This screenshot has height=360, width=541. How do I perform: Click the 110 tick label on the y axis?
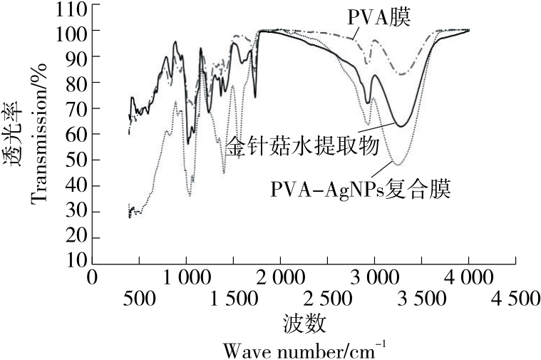74,9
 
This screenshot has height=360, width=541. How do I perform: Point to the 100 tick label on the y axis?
74,33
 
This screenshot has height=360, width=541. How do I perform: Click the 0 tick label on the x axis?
91,277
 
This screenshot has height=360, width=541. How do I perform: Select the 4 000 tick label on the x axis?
468,277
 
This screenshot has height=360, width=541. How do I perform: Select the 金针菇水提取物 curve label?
302,147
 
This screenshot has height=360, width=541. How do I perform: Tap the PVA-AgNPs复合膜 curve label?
363,190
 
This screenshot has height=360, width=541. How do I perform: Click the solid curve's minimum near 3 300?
402,126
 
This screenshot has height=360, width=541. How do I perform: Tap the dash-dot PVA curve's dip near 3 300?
402,74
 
